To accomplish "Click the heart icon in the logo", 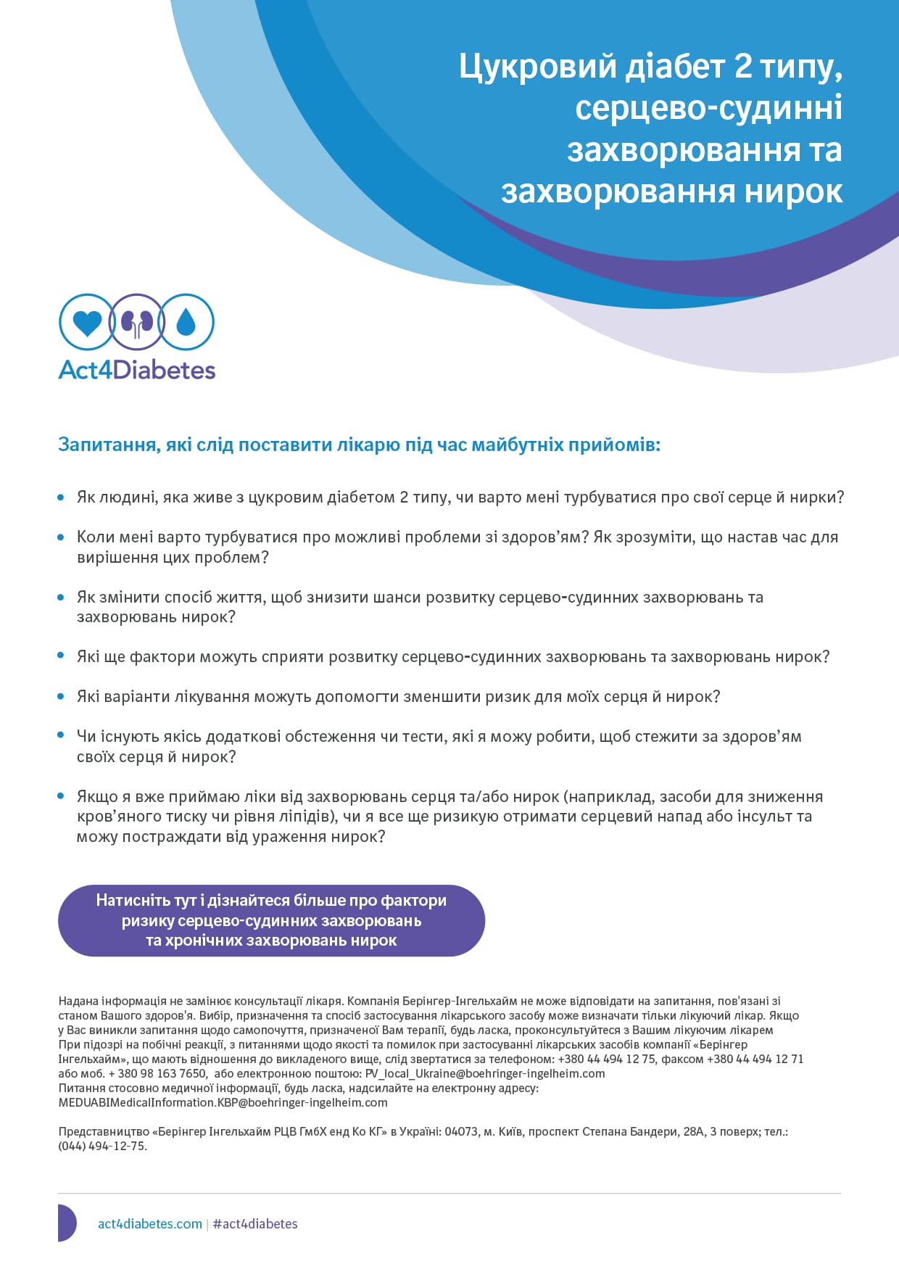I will click(x=87, y=322).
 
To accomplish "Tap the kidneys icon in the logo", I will click(x=136, y=322).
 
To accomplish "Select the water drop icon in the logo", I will click(x=186, y=322).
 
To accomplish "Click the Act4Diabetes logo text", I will click(x=137, y=370).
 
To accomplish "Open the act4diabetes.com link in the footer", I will click(x=150, y=1223).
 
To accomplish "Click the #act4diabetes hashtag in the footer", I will click(x=255, y=1223).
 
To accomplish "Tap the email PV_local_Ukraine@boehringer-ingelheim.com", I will click(x=484, y=1073).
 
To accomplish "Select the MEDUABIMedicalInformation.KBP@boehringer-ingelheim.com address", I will click(x=223, y=1102).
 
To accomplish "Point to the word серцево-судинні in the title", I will click(x=708, y=108).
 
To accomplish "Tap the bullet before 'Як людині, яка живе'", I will click(x=61, y=497).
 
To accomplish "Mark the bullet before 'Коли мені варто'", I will click(x=61, y=537).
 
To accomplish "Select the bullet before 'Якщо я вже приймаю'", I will click(x=61, y=796).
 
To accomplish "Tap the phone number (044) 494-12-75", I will click(x=102, y=1146).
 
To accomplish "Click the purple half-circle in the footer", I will click(x=67, y=1223).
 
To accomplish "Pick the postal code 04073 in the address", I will click(x=461, y=1131).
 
